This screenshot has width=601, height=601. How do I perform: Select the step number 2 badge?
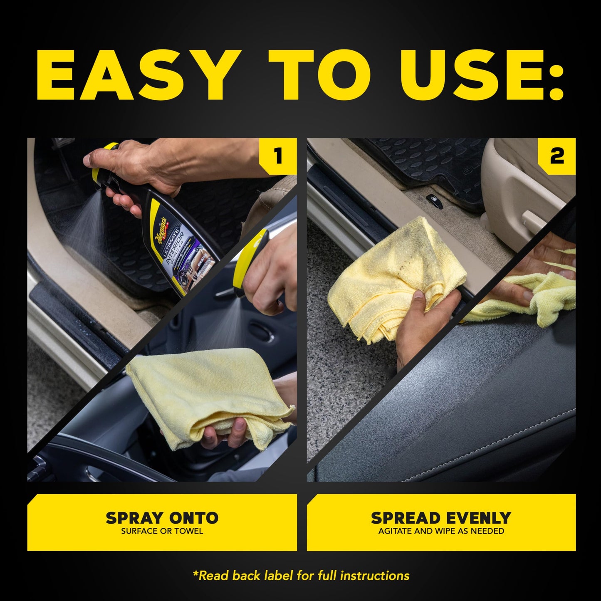pyautogui.click(x=557, y=156)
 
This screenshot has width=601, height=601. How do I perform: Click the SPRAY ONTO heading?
pyautogui.click(x=162, y=518)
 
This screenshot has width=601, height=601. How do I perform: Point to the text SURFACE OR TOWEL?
pyautogui.click(x=162, y=531)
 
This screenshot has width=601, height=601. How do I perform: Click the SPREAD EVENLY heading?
pyautogui.click(x=441, y=518)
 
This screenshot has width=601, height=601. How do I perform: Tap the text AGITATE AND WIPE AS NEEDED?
pyautogui.click(x=441, y=531)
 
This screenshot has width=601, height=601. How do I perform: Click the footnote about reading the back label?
pyautogui.click(x=301, y=576)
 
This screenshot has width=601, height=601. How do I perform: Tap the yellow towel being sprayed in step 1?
pyautogui.click(x=208, y=391)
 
